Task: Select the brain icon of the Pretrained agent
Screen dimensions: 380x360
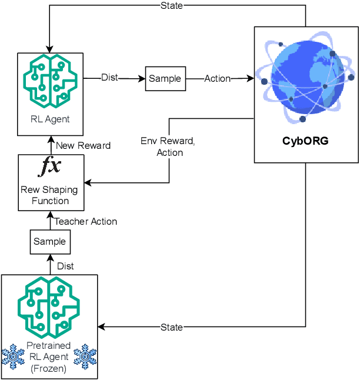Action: (49, 308)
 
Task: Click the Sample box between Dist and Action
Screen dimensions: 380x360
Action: (165, 79)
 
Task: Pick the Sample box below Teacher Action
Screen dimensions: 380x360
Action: (49, 242)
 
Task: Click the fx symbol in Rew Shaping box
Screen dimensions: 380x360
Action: (49, 168)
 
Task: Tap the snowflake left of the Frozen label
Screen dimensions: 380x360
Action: (13, 356)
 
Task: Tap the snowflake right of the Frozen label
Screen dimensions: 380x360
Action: (85, 356)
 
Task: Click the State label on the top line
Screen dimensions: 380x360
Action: (171, 6)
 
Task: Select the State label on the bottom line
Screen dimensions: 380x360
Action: (171, 327)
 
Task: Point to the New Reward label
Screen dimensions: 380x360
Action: (82, 145)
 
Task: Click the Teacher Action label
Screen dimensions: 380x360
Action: (86, 222)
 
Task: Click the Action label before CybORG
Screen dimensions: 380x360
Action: (217, 79)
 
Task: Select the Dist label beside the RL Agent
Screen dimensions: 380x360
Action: (109, 77)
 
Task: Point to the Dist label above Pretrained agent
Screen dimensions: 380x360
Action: (65, 266)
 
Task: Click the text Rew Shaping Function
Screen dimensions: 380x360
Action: (50, 195)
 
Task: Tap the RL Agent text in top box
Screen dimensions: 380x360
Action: (50, 119)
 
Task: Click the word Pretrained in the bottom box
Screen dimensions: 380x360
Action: (49, 346)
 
